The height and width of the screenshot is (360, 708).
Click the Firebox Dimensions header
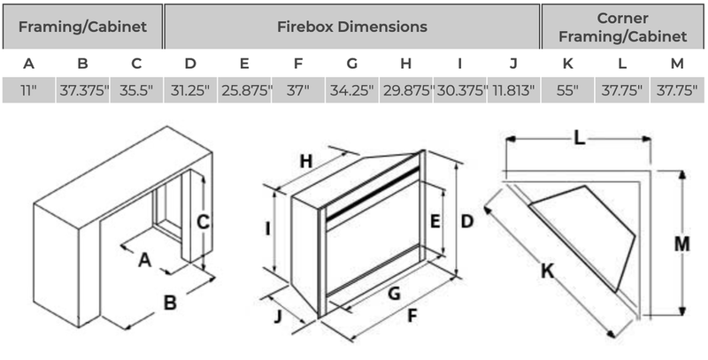[351, 27]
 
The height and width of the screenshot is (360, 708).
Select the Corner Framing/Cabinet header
[624, 27]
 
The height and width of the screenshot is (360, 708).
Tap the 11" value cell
[28, 90]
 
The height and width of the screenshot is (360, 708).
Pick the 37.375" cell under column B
[82, 90]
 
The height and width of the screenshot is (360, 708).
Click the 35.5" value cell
[135, 90]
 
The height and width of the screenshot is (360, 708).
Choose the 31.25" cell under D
[190, 90]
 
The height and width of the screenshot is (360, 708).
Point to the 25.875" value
[243, 90]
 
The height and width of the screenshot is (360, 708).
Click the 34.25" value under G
[351, 90]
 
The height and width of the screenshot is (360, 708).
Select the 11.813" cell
[513, 90]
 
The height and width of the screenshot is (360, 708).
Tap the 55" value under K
[567, 90]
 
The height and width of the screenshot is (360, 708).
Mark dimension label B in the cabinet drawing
[169, 303]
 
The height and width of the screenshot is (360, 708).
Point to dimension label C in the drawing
[203, 223]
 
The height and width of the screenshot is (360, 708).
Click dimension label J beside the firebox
[279, 317]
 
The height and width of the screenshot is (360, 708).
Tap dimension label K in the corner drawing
[547, 273]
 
